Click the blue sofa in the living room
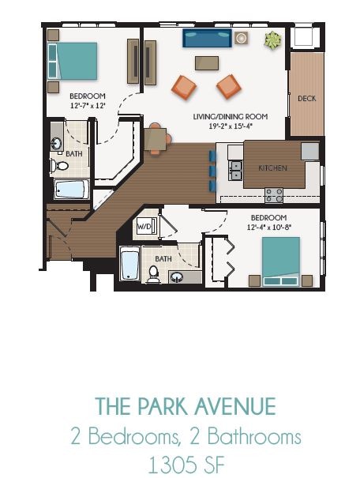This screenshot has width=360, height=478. [x=207, y=38]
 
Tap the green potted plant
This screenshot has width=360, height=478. [x=273, y=39]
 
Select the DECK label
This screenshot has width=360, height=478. [x=307, y=99]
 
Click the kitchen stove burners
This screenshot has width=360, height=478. [x=274, y=194]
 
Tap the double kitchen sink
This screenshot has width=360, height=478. [x=235, y=169]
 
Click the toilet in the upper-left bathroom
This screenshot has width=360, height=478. [x=61, y=166]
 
